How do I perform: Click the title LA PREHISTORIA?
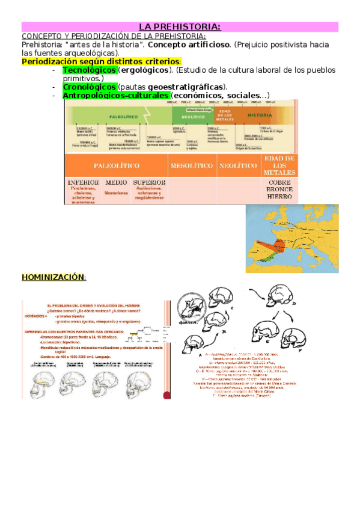(180, 27)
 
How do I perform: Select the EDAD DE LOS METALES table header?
(279, 165)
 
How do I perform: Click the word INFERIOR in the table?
(84, 182)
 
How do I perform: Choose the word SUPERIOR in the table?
(149, 182)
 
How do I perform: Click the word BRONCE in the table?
(279, 189)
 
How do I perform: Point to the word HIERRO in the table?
(279, 197)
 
